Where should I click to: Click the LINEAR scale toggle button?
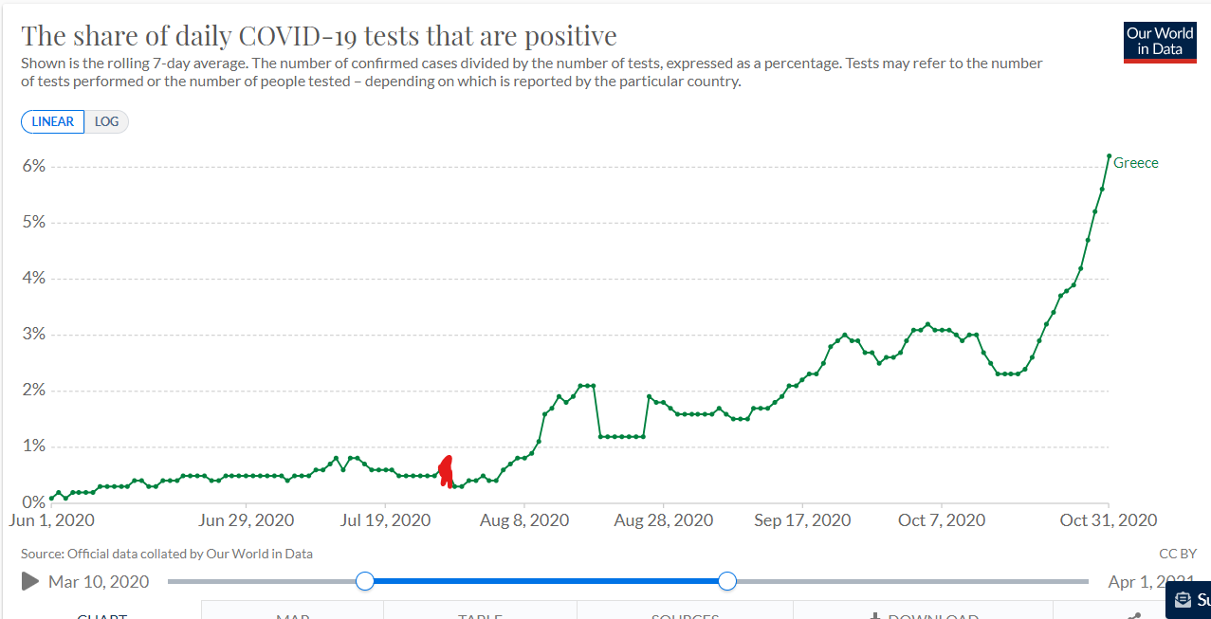[x=53, y=122]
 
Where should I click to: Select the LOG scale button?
[x=106, y=122]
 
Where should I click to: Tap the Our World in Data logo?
[x=1159, y=43]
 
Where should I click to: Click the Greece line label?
[x=1135, y=163]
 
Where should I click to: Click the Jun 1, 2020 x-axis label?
[x=52, y=520]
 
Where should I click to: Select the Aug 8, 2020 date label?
[x=524, y=520]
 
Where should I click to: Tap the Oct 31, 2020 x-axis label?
[x=1108, y=520]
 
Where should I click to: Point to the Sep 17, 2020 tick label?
[x=802, y=520]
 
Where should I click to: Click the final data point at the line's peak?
[x=1109, y=155]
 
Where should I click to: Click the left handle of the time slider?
[x=365, y=581]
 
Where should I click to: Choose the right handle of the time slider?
[x=727, y=581]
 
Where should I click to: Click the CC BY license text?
[x=1177, y=554]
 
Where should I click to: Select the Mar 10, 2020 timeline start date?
[x=99, y=581]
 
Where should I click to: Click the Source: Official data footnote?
[x=166, y=554]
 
